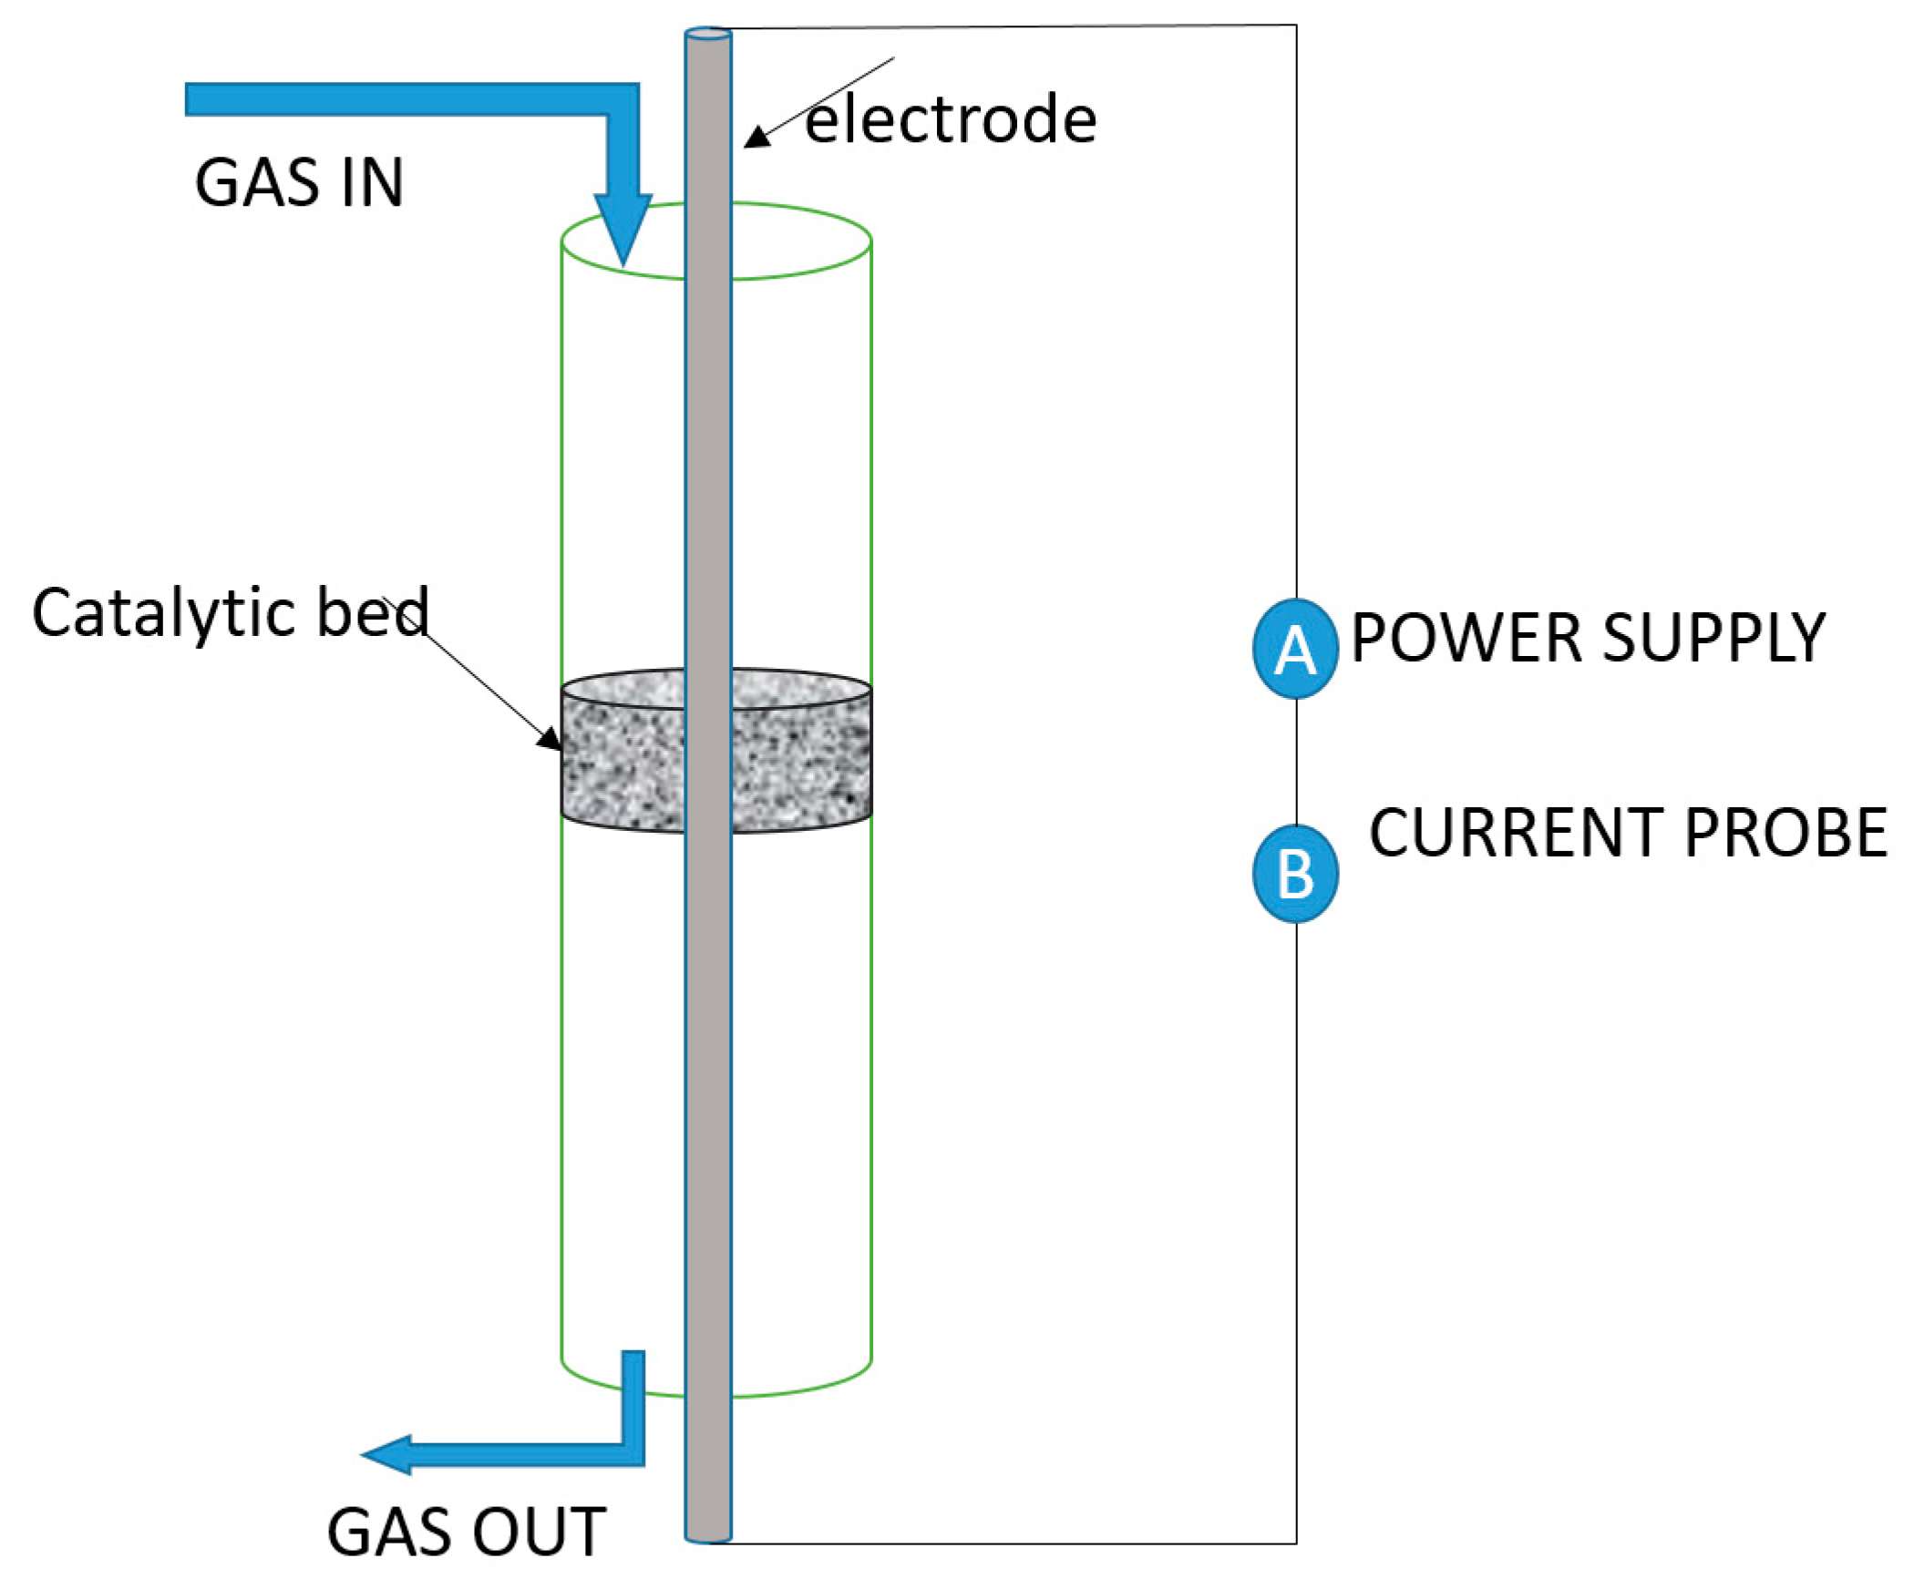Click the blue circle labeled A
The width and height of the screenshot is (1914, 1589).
tap(1295, 650)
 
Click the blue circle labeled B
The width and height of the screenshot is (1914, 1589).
tap(1295, 873)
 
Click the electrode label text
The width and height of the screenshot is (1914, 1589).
tap(951, 119)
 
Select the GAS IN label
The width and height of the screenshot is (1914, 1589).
tap(299, 182)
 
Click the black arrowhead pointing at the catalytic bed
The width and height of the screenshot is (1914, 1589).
tap(550, 739)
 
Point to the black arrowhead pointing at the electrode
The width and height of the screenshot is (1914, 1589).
tap(756, 138)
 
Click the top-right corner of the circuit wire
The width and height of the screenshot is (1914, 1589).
tap(1295, 26)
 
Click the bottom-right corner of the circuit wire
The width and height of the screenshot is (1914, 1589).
tap(1295, 1543)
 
